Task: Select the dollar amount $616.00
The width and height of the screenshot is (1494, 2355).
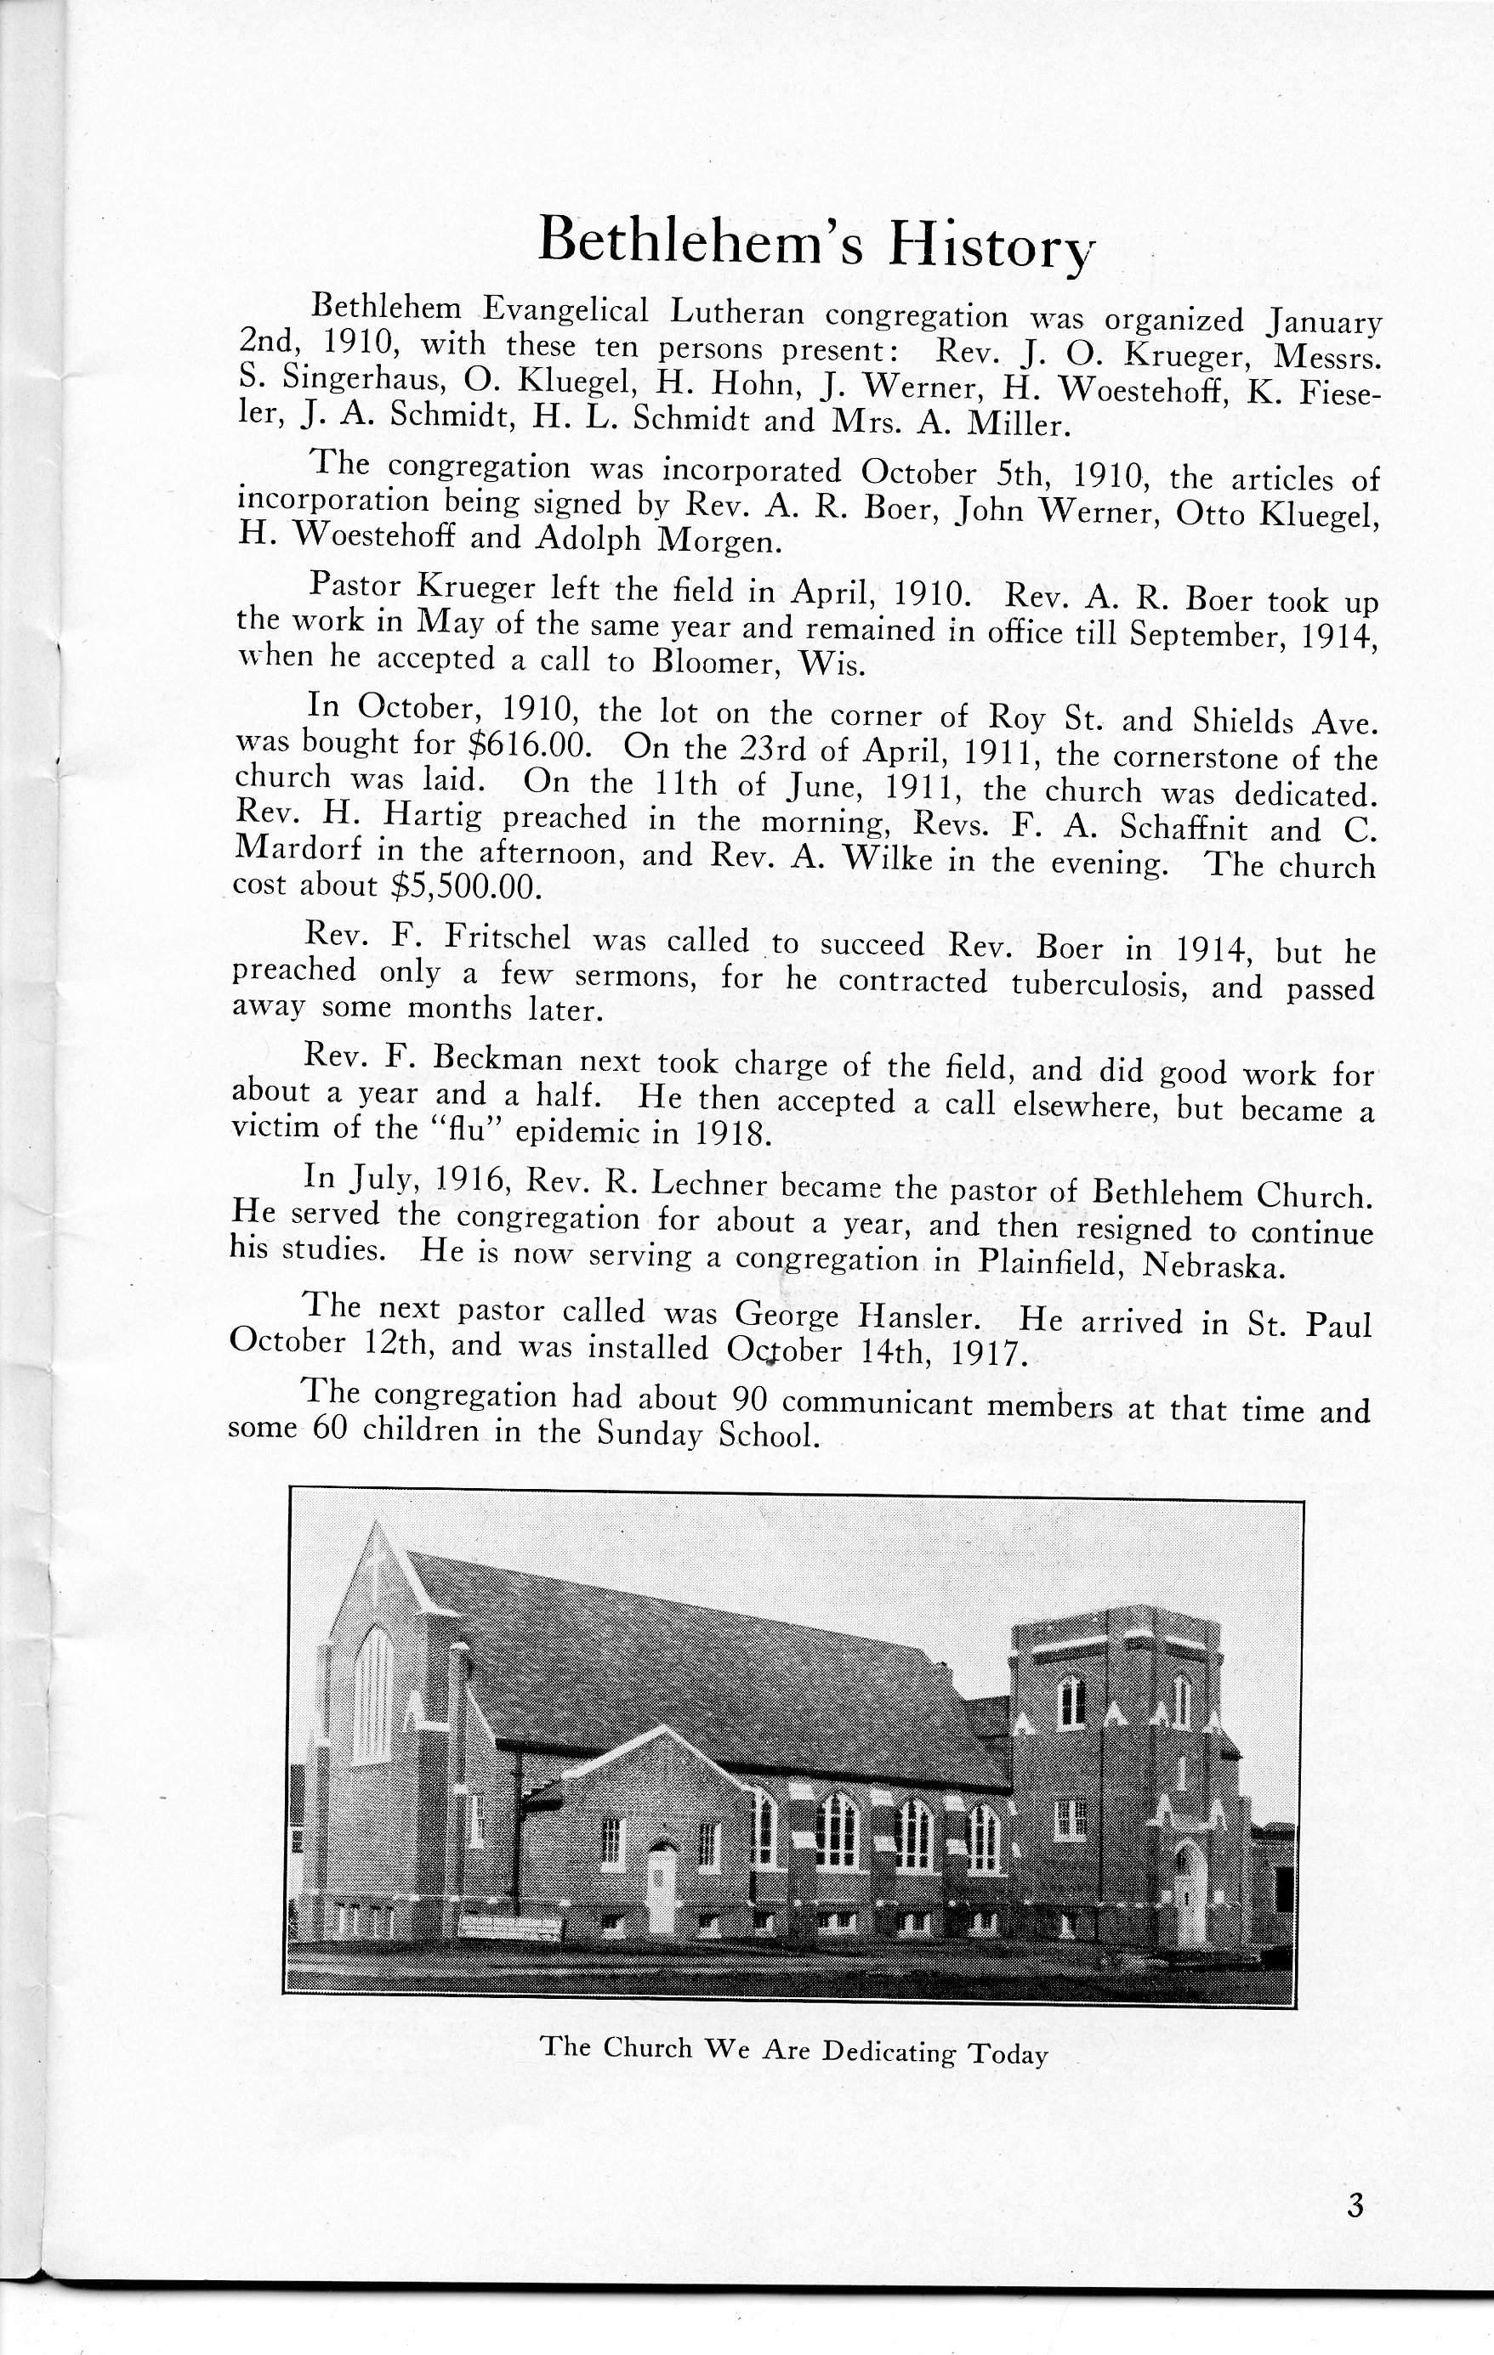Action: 529,745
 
